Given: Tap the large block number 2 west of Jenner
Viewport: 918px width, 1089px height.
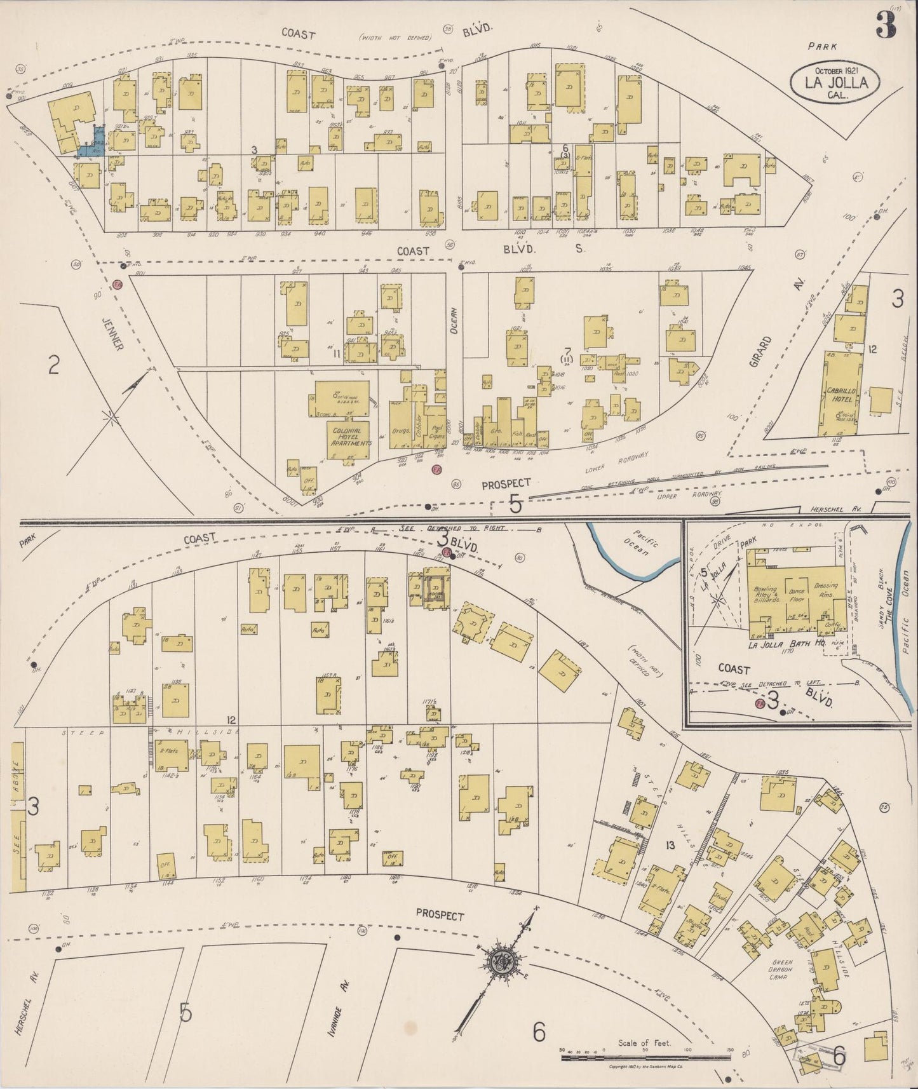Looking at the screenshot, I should [53, 365].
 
